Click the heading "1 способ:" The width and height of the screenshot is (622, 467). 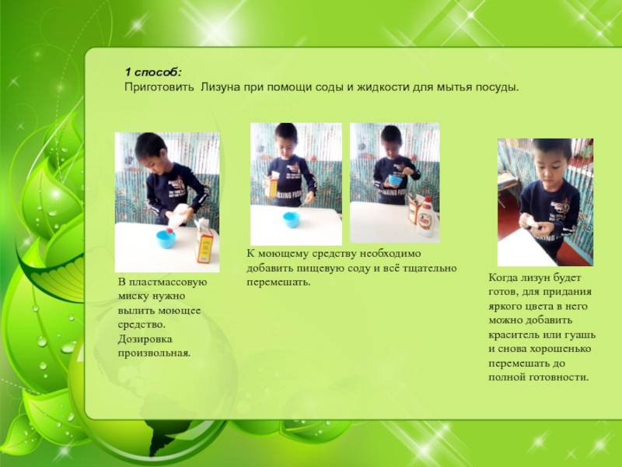(x=153, y=72)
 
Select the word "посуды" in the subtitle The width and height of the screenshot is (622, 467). (x=498, y=87)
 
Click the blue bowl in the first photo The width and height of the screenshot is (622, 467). (x=166, y=239)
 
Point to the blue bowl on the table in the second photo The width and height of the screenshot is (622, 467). (x=292, y=219)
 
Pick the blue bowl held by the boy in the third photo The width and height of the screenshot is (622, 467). (x=395, y=180)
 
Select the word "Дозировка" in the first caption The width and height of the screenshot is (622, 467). (x=145, y=339)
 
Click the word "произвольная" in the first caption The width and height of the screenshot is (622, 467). (x=153, y=353)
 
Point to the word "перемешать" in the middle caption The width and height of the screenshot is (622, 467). (x=278, y=283)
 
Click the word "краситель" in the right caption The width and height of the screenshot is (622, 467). (x=514, y=335)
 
